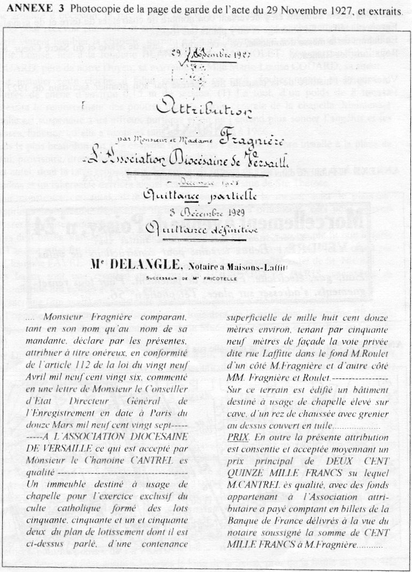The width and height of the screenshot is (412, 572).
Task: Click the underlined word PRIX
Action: coord(235,436)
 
